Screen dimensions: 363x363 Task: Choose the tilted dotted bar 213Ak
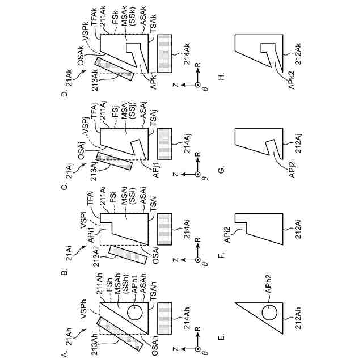pos(115,69)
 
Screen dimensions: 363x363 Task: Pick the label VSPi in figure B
pos(85,227)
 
